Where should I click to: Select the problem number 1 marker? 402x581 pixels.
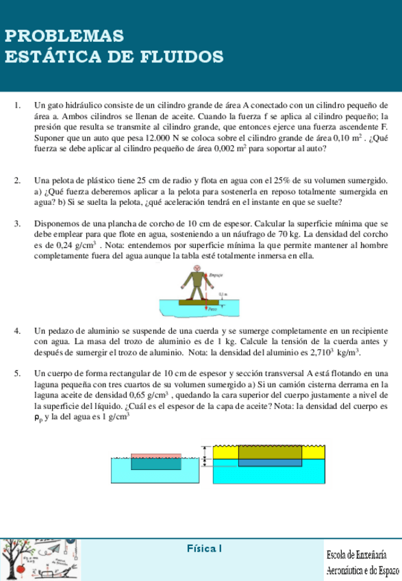click(x=17, y=106)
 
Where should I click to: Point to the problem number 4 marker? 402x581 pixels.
click(x=17, y=330)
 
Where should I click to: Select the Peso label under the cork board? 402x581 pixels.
click(x=214, y=309)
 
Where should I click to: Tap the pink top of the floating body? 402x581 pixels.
click(x=145, y=455)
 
